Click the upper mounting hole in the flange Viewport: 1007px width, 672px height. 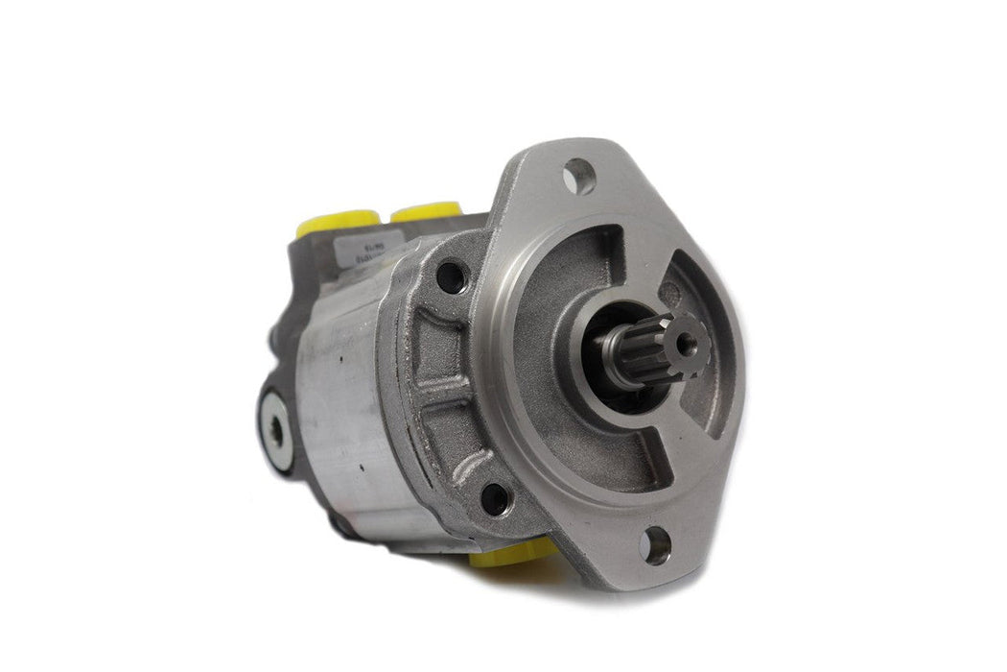pyautogui.click(x=579, y=177)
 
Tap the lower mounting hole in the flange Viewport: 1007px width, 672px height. pyautogui.click(x=655, y=546)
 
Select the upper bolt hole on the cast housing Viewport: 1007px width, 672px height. pyautogui.click(x=448, y=278)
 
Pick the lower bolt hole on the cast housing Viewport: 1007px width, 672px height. pyautogui.click(x=494, y=498)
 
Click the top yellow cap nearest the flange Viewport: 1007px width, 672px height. pyautogui.click(x=426, y=212)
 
